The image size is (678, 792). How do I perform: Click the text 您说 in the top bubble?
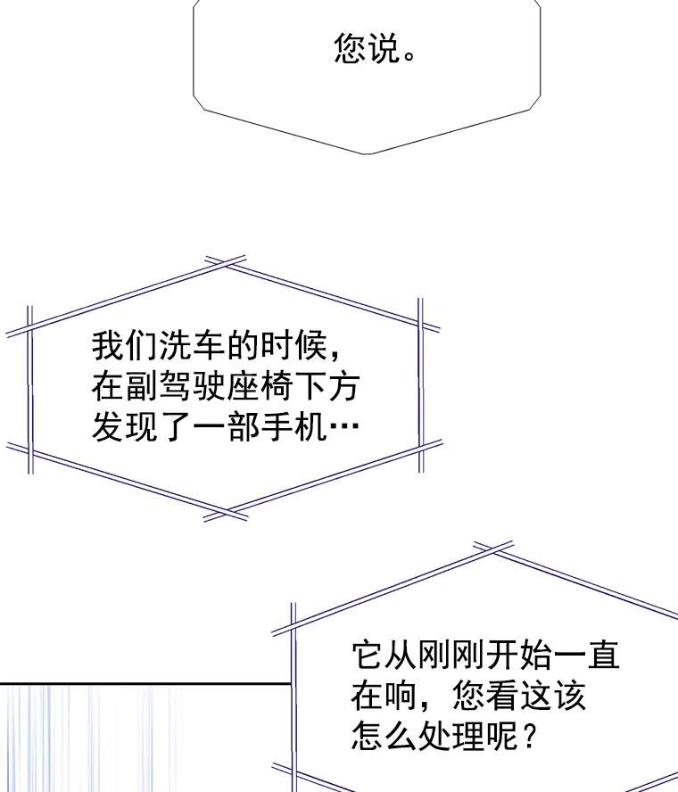[367, 48]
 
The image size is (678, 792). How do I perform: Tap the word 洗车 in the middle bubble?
[176, 346]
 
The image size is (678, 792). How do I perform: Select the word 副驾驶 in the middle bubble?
[176, 386]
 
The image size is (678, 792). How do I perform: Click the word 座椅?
[260, 386]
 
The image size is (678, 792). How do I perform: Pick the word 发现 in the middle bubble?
[125, 427]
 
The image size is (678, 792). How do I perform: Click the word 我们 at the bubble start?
[125, 346]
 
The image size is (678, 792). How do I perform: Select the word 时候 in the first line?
[292, 346]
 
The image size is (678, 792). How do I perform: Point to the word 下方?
[327, 386]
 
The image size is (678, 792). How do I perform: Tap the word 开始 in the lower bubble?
[519, 656]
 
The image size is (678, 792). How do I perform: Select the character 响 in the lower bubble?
[401, 696]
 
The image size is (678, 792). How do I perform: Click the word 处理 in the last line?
[451, 736]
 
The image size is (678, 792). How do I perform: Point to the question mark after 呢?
[527, 736]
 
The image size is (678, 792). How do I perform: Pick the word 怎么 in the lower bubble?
[384, 736]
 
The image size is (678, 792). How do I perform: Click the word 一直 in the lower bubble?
[586, 656]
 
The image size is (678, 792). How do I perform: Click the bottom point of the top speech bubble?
[368, 154]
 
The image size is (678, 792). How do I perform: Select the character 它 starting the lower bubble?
[368, 656]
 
